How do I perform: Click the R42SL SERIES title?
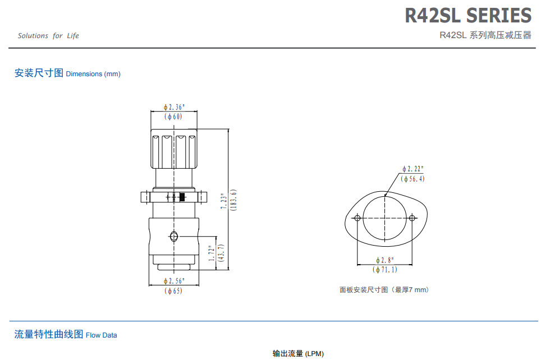click(x=468, y=16)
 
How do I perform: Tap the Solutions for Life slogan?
click(x=48, y=36)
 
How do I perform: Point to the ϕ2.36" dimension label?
click(x=174, y=107)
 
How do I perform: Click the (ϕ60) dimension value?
click(x=173, y=117)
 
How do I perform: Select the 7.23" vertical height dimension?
click(x=223, y=201)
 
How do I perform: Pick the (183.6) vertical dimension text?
click(x=233, y=200)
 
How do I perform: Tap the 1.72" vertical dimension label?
click(x=211, y=253)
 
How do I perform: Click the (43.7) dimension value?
click(x=221, y=253)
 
